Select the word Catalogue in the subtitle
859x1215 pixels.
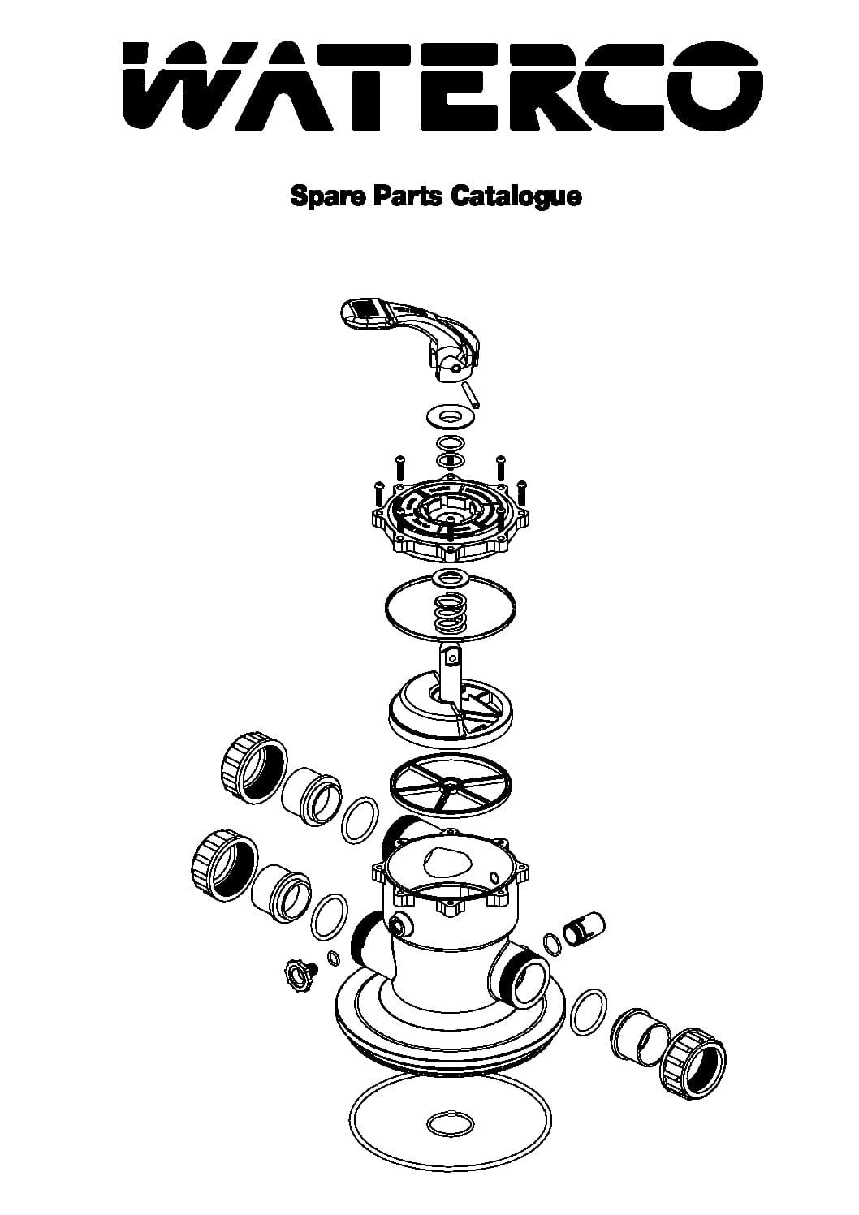[516, 196]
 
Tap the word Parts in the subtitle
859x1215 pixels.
[408, 196]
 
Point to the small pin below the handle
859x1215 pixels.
[470, 394]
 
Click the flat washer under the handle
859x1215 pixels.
[450, 417]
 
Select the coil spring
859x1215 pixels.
[451, 612]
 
